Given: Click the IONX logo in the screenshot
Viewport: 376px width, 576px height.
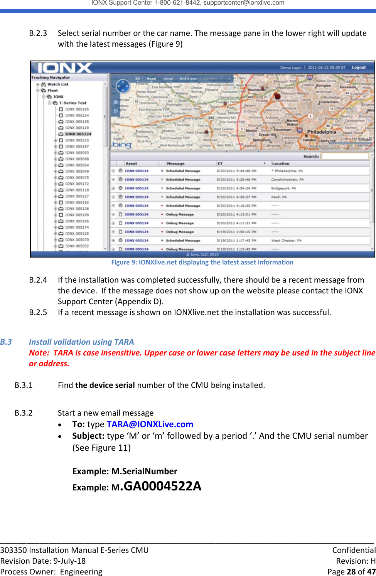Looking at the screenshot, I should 65,68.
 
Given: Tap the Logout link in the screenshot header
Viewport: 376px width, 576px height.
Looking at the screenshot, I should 358,67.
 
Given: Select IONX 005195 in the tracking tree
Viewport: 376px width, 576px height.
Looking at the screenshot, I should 77,109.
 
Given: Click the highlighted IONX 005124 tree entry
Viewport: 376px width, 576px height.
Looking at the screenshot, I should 78,134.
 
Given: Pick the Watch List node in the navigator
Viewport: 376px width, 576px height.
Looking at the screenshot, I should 57,84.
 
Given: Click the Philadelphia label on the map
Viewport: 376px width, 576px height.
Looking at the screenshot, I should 322,132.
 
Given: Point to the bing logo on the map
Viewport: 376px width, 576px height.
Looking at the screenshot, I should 122,145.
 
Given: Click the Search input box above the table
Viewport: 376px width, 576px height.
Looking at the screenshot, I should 345,156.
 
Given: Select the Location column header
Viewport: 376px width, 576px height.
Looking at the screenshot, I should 281,163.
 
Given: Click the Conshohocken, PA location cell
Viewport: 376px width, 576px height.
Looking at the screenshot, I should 287,180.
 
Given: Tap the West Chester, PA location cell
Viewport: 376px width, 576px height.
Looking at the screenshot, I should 287,241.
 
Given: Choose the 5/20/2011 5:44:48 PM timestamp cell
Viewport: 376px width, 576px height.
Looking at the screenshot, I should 236,171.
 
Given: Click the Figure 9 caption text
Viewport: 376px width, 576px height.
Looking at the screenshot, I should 202,262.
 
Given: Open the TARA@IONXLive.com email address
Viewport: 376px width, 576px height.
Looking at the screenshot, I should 150,424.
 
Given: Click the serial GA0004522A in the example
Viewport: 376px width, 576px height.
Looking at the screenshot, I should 162,486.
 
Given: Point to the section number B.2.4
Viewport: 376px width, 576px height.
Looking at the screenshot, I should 38,280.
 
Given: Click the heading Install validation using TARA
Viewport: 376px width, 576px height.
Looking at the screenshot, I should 81,342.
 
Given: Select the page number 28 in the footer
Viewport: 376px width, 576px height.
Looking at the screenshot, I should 351,571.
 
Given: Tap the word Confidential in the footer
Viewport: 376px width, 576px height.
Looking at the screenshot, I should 354,550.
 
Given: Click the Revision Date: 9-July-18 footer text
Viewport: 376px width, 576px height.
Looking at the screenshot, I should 43,561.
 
